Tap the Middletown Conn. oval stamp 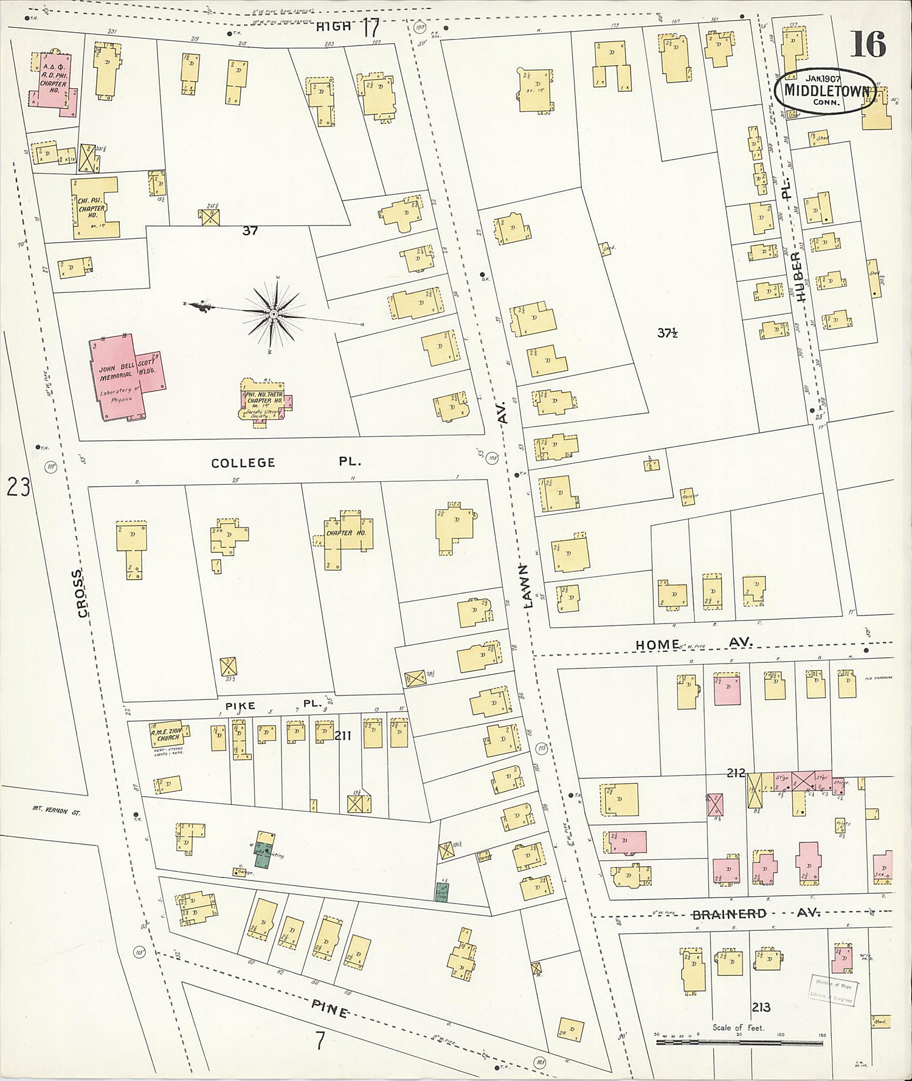click(x=826, y=91)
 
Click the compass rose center click(x=274, y=314)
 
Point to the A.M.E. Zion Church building click(x=166, y=733)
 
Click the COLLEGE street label click(x=243, y=463)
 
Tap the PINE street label click(x=330, y=1009)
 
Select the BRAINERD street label click(x=730, y=915)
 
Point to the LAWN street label click(x=526, y=585)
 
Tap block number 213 click(x=761, y=1007)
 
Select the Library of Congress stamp click(x=831, y=990)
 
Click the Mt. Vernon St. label click(x=56, y=811)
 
